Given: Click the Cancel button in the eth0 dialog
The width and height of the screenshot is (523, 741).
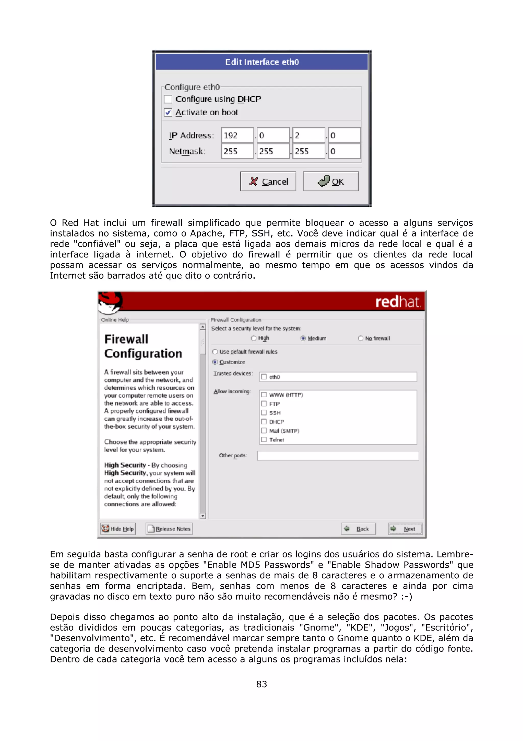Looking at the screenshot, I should point(268,181).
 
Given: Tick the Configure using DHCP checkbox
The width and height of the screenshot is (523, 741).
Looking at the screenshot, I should point(168,99).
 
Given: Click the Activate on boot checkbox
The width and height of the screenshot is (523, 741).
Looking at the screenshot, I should point(168,112).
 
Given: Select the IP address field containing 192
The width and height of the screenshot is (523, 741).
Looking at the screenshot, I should point(237,136).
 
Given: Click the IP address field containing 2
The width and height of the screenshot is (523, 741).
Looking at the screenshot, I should point(308,136).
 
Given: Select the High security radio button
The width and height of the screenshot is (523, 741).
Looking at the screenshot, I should point(254,338).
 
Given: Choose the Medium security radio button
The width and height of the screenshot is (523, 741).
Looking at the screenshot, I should point(303,338).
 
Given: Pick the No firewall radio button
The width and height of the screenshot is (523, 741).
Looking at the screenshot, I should point(361,338).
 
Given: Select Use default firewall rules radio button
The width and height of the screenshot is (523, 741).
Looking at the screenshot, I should point(215,352).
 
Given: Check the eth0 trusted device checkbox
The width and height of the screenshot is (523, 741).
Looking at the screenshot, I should point(264,377).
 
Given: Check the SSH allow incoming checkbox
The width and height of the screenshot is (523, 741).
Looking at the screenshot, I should point(264,413).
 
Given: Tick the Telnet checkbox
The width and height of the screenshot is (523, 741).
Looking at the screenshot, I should point(264,440).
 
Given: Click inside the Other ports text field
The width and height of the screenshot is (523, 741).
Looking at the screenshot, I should point(338,455).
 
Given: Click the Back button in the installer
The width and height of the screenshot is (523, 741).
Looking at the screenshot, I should point(358,529).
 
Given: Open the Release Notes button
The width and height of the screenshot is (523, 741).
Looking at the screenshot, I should point(169,529).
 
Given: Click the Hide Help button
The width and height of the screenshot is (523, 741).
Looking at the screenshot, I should point(118,529).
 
